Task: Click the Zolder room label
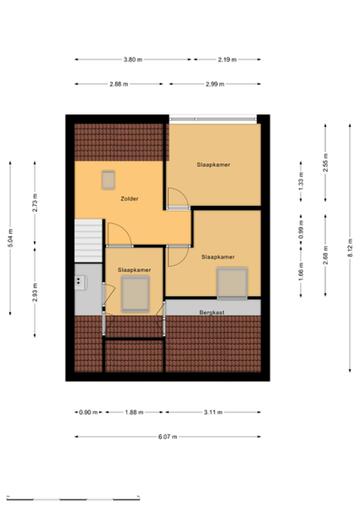[x=130, y=199]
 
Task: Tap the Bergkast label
[x=212, y=312]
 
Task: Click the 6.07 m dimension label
[x=168, y=437]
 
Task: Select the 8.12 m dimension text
[x=350, y=248]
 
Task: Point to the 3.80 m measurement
[x=133, y=59]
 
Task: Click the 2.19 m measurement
[x=227, y=59]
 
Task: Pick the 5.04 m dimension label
[x=10, y=238]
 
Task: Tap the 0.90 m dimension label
[x=88, y=412]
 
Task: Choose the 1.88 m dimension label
[x=134, y=412]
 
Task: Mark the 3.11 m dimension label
[x=213, y=412]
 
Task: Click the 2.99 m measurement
[x=215, y=84]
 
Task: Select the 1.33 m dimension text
[x=301, y=181]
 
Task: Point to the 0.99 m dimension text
[x=301, y=229]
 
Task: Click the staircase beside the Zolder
[x=88, y=240]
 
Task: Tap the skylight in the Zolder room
[x=108, y=179]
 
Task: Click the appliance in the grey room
[x=80, y=283]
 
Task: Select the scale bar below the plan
[x=73, y=499]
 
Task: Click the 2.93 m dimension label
[x=35, y=292]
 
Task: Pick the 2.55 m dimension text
[x=325, y=163]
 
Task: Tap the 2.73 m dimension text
[x=35, y=202]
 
